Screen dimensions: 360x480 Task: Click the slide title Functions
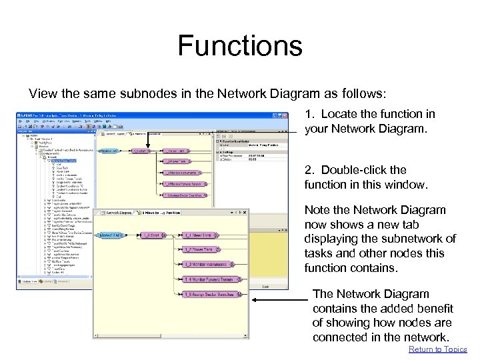(x=239, y=47)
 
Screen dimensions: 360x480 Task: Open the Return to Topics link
(x=437, y=349)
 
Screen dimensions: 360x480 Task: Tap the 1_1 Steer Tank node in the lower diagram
(x=199, y=235)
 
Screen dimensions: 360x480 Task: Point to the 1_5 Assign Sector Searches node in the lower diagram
(x=209, y=294)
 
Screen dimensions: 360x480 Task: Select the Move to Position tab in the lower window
(x=161, y=212)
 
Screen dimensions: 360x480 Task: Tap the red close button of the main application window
(x=285, y=115)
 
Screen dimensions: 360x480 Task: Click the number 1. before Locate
(x=310, y=114)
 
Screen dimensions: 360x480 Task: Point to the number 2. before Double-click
(x=310, y=169)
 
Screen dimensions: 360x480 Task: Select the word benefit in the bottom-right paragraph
(x=435, y=308)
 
